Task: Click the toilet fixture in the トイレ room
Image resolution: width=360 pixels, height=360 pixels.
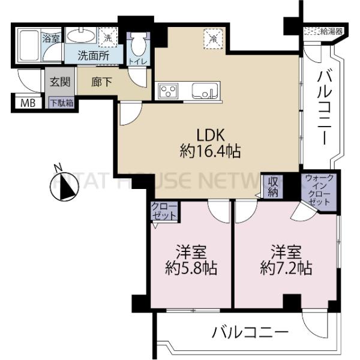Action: pyautogui.click(x=138, y=44)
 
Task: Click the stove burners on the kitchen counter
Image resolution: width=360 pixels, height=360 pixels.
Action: pyautogui.click(x=167, y=91)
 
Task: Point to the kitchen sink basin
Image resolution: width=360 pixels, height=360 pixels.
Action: pyautogui.click(x=203, y=92)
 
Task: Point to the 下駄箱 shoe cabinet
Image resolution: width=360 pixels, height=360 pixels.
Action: pyautogui.click(x=61, y=103)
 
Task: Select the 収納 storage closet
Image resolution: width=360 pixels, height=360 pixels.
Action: pyautogui.click(x=274, y=187)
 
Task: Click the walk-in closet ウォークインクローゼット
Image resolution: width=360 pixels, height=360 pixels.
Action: pyautogui.click(x=318, y=191)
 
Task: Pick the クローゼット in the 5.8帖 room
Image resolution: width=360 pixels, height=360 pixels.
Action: pyautogui.click(x=164, y=211)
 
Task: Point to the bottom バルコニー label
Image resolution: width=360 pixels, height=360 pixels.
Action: pyautogui.click(x=251, y=331)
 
